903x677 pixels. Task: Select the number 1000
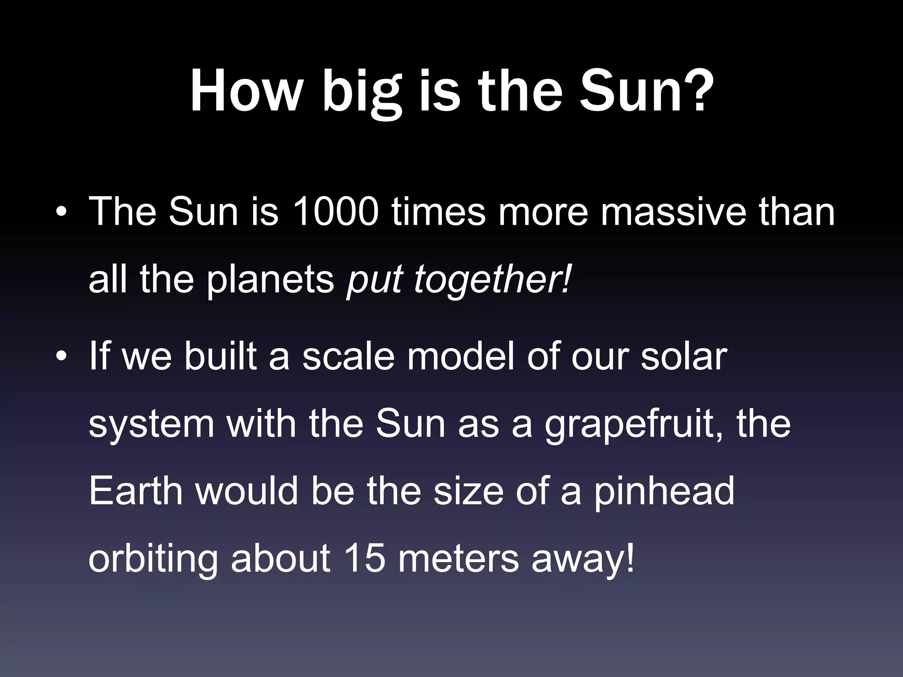coord(336,212)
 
